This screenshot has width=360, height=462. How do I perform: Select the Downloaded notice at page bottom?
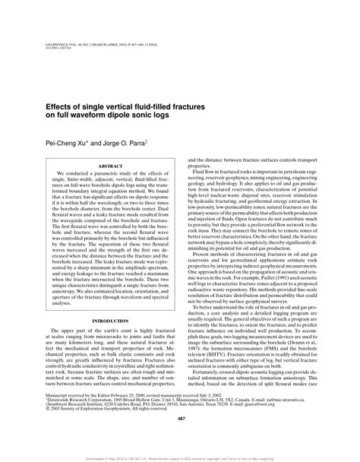(180, 457)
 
